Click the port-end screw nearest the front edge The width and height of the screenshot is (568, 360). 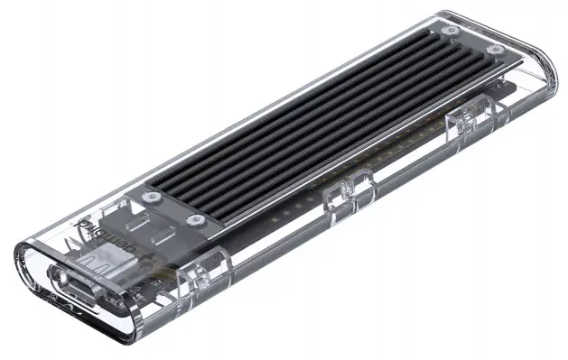tap(192, 220)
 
